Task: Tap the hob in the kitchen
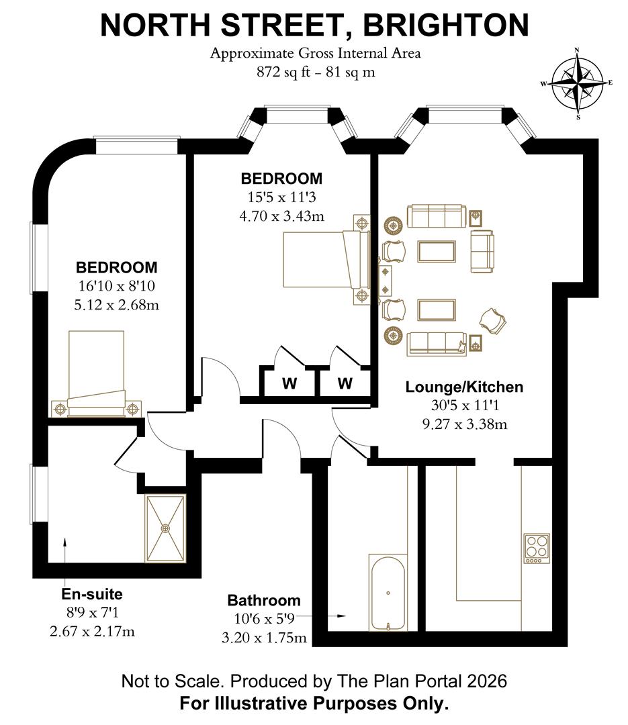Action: pos(536,548)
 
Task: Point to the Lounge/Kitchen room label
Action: pos(464,387)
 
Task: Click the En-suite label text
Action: pos(92,594)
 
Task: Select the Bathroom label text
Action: pos(264,600)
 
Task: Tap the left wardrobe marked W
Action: pos(289,383)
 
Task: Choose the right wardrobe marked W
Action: pos(345,383)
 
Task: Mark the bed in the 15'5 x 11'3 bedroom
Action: pos(326,259)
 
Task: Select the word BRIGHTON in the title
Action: pos(445,26)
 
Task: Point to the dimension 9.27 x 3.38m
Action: pos(464,424)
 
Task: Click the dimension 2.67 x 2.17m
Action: pos(92,631)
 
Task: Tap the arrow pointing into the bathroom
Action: pos(339,615)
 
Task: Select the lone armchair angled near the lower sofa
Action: pos(494,320)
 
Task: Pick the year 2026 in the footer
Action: pos(485,681)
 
